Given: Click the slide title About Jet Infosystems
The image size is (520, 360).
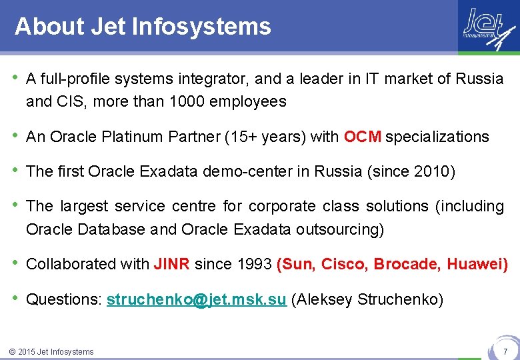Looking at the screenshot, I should click(143, 27).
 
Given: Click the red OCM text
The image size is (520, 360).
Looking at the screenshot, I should click(363, 137).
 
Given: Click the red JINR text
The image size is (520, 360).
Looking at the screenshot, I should click(172, 265).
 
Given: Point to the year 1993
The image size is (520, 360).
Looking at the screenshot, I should click(254, 265).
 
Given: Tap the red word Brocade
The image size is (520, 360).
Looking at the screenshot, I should click(407, 265).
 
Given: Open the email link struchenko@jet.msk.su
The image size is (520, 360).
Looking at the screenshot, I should click(197, 300).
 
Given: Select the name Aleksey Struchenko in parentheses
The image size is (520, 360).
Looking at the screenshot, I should click(367, 300).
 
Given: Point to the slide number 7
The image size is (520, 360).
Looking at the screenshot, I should click(505, 351).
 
